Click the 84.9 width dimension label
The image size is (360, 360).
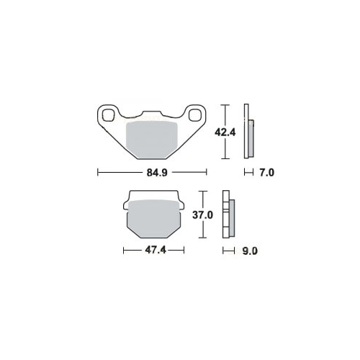[x=157, y=173]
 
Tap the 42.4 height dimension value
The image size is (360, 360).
[x=225, y=132]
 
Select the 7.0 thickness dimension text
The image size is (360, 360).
[x=266, y=173]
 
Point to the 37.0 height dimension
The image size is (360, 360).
[x=202, y=215]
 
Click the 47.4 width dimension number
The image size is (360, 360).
[x=156, y=250]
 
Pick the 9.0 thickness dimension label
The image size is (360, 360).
[x=250, y=251]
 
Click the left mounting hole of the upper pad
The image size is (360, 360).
[x=108, y=115]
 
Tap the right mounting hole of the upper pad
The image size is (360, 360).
[x=194, y=115]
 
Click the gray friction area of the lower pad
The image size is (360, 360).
[x=153, y=219]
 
